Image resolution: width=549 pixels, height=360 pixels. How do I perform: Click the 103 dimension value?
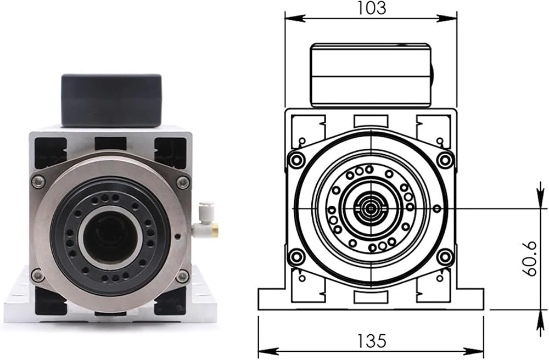click(371, 8)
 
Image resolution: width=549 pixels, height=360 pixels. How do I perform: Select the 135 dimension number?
click(371, 341)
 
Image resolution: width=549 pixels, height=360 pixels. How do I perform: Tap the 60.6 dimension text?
click(531, 258)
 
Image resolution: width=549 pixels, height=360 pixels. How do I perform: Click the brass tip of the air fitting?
click(215, 230)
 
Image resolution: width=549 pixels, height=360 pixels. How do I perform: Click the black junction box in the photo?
click(111, 100)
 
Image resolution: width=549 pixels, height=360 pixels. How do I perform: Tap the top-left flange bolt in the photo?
click(38, 181)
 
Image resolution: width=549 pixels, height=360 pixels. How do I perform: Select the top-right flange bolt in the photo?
click(182, 182)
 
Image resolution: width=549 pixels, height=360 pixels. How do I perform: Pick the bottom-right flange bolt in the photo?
click(182, 277)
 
